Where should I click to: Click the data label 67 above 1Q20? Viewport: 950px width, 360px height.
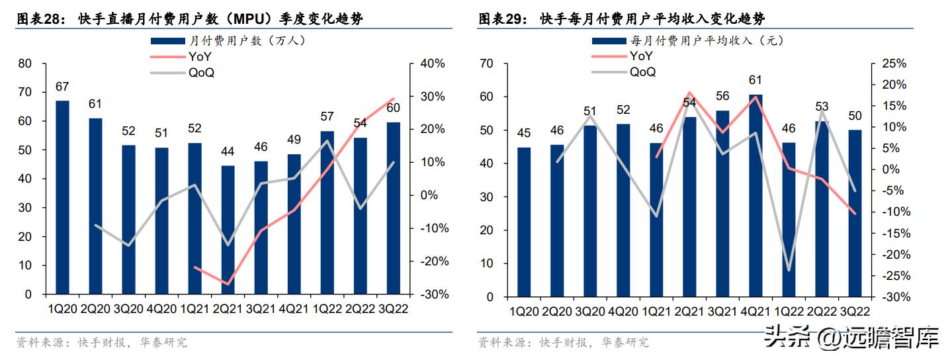[x=62, y=87]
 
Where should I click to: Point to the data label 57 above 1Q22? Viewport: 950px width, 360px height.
[x=327, y=116]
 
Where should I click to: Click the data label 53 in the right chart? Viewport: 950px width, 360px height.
[x=822, y=106]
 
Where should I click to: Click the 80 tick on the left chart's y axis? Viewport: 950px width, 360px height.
[x=25, y=64]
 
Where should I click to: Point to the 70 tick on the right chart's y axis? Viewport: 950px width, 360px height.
[x=487, y=64]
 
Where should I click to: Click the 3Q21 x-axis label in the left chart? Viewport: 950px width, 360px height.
[x=261, y=310]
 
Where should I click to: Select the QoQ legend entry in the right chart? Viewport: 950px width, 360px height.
[x=642, y=72]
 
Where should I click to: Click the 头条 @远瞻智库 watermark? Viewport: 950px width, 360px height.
[x=851, y=339]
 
